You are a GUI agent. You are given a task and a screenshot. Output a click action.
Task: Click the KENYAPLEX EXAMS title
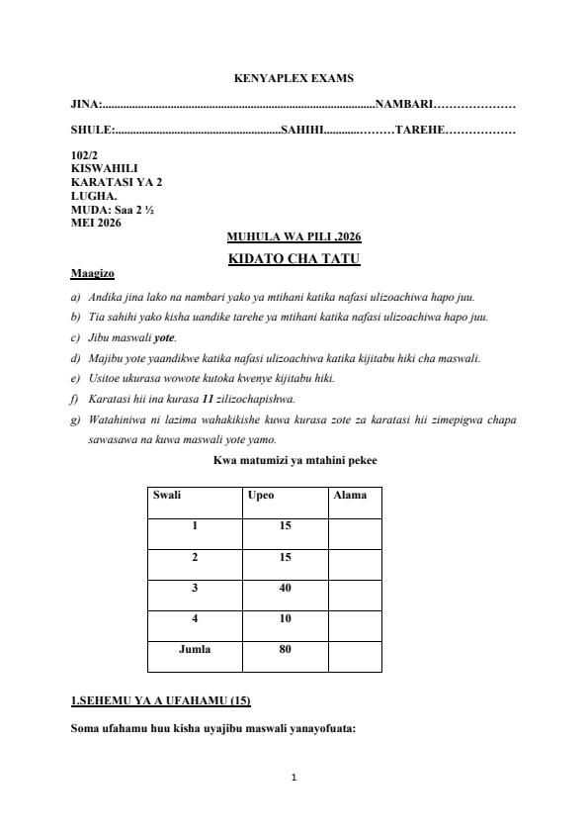click(294, 78)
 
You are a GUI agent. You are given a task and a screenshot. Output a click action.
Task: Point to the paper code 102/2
click(85, 155)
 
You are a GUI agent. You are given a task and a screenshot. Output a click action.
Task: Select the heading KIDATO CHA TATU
click(294, 259)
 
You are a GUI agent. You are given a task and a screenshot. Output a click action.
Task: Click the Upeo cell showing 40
click(285, 589)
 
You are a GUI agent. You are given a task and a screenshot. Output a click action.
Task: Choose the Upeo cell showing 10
click(285, 619)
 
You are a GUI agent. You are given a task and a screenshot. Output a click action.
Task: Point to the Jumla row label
click(194, 650)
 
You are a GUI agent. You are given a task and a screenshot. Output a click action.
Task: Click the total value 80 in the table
click(285, 650)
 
